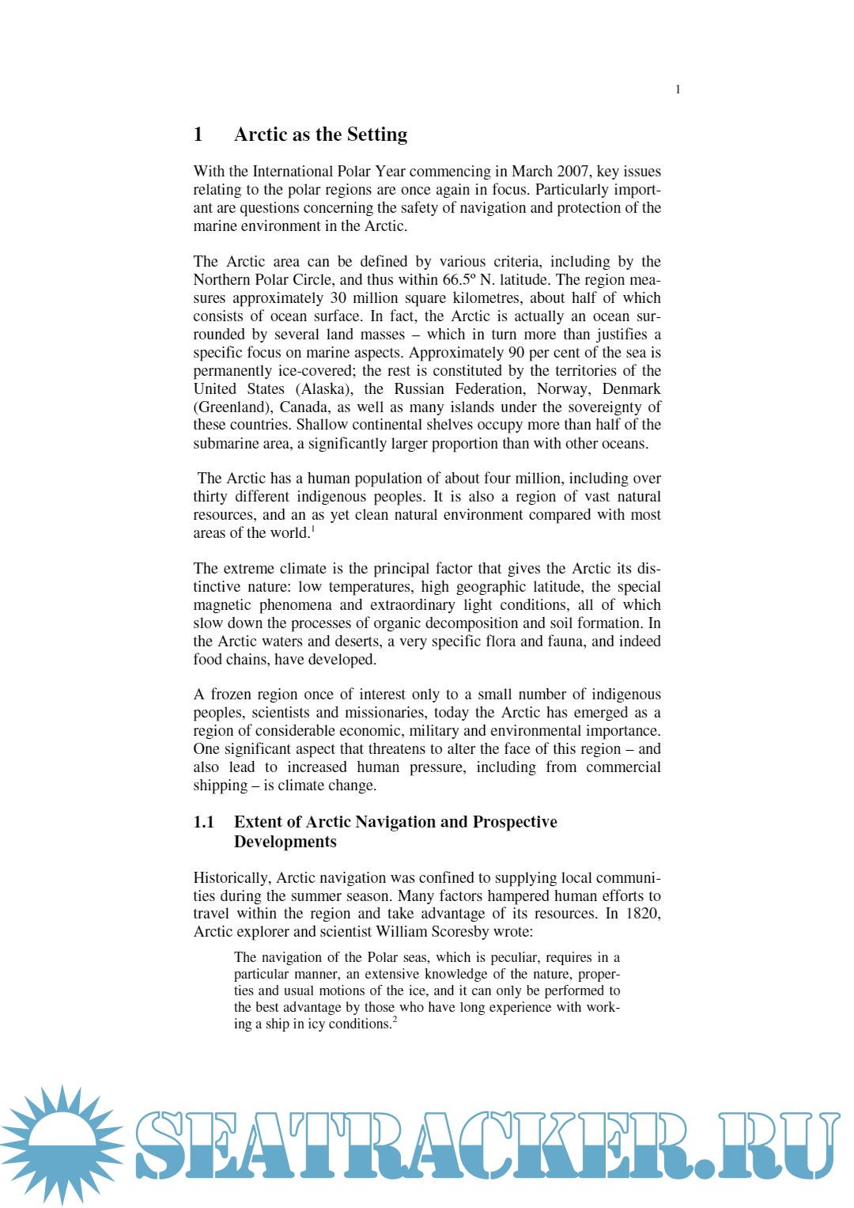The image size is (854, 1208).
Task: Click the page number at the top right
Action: point(678,89)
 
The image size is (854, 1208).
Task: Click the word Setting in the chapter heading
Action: point(376,134)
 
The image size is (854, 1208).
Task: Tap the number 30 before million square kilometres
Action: point(338,298)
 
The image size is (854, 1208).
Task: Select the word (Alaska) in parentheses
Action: point(324,389)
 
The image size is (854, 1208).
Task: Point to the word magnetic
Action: point(222,605)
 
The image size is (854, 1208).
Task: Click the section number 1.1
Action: point(204,822)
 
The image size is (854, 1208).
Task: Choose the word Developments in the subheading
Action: point(285,842)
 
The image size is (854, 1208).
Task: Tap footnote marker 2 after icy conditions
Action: point(395,1020)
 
